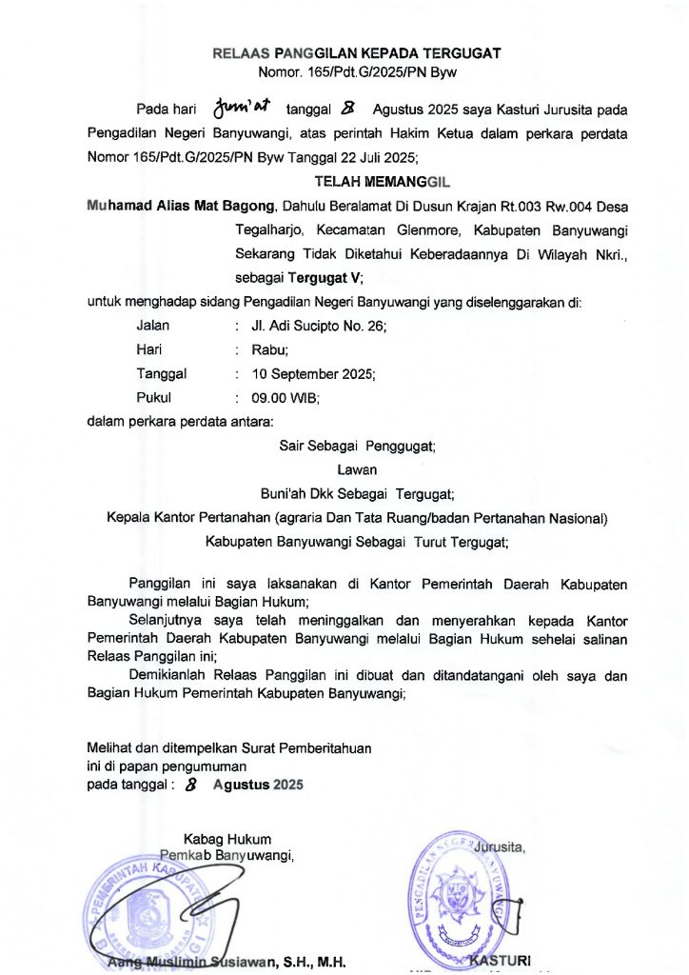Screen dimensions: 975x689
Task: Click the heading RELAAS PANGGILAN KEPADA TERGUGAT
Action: click(x=357, y=53)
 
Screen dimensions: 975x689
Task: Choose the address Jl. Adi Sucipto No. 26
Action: click(x=318, y=326)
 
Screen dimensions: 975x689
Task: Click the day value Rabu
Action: click(x=270, y=349)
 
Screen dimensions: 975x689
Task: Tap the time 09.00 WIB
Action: click(x=285, y=398)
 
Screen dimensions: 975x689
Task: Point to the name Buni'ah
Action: click(x=285, y=494)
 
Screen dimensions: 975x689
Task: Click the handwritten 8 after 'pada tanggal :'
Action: click(x=192, y=786)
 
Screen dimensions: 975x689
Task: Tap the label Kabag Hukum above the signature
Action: click(x=228, y=839)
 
